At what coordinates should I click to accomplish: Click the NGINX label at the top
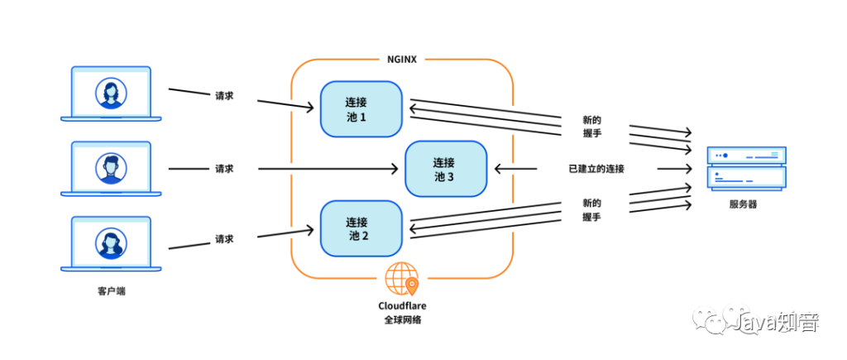pos(401,59)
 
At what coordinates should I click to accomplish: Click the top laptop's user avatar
pos(111,93)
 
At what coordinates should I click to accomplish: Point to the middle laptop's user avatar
pos(111,168)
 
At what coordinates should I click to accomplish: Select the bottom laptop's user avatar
pos(111,243)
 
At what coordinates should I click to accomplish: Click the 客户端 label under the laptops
pos(111,292)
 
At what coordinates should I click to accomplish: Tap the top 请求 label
pos(224,95)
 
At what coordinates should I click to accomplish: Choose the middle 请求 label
pos(224,169)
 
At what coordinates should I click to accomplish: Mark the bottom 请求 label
pos(224,238)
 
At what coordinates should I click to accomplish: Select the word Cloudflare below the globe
pos(402,305)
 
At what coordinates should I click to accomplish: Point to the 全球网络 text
pos(402,319)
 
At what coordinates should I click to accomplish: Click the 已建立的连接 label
pos(596,169)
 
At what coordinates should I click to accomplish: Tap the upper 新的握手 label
pos(591,126)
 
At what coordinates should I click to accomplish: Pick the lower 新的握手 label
pos(591,209)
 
